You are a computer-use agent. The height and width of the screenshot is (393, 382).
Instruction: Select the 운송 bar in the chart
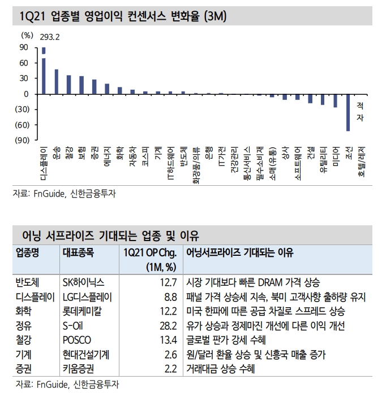(56, 82)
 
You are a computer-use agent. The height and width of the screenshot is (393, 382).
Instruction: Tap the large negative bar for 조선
(347, 112)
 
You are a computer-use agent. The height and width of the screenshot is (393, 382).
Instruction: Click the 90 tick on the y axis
(25, 48)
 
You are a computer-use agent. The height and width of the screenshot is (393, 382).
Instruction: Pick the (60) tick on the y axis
(22, 125)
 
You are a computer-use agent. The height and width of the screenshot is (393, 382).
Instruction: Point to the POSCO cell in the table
(76, 340)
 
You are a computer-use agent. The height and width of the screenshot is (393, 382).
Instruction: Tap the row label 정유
(24, 326)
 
